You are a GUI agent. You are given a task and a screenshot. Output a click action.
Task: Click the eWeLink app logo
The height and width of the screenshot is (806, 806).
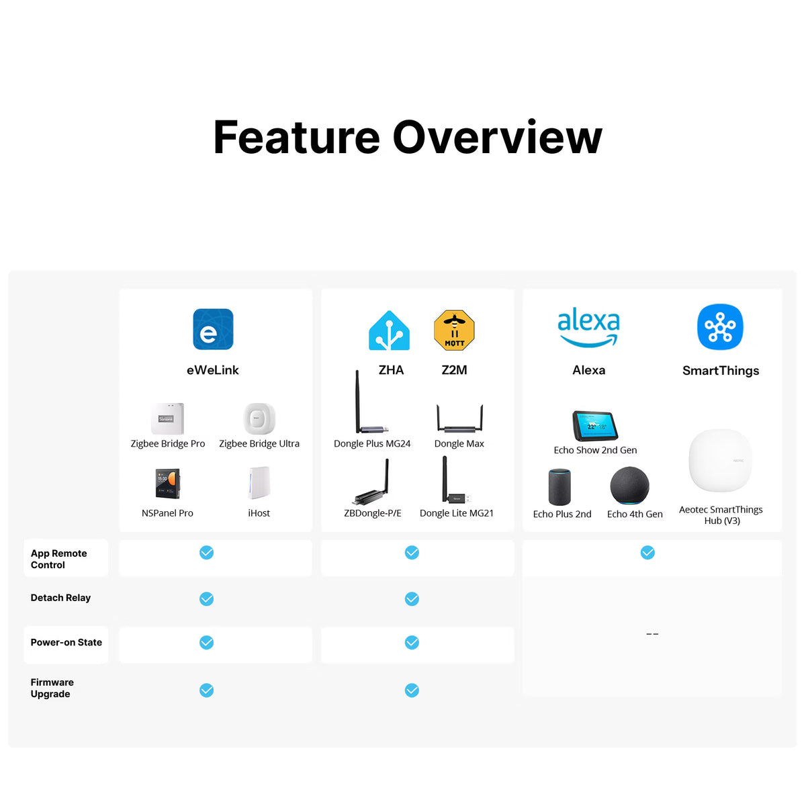coord(213,328)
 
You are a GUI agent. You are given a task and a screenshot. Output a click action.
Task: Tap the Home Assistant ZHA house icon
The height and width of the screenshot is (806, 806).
coord(389,330)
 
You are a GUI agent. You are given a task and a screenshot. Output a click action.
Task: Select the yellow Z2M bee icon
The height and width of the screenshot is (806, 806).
coord(454,330)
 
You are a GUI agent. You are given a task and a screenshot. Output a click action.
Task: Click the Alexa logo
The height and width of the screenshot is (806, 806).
coord(588,326)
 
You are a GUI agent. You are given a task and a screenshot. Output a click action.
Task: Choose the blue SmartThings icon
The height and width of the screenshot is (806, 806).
coord(720,326)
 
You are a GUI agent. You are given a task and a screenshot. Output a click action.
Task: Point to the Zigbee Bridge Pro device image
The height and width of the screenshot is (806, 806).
coord(167,418)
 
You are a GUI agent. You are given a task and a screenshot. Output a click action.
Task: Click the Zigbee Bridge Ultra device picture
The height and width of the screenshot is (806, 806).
coord(259,418)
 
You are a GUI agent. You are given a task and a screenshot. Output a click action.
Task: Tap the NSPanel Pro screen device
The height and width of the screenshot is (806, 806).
coord(167,484)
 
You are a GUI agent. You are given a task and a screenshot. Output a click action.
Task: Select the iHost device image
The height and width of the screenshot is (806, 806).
coord(259,483)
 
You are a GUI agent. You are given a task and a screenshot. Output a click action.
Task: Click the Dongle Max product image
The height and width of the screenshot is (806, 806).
coord(459,418)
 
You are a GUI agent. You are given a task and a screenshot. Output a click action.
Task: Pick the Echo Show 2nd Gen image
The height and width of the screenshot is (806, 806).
coord(595,426)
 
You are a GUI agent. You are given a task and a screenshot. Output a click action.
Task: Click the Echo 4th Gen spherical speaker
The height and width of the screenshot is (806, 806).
coord(629,486)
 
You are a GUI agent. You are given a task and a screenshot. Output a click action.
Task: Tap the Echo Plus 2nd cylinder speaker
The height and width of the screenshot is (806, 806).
coord(559,487)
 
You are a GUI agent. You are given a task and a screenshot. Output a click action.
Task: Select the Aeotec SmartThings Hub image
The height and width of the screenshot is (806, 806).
coord(720,460)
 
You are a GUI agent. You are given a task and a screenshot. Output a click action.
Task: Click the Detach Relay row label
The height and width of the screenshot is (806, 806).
coord(60,598)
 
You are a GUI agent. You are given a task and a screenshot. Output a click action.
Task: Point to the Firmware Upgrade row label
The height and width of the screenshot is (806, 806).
coord(52,688)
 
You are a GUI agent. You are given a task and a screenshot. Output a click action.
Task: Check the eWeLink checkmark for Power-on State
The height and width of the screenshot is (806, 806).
coord(207,643)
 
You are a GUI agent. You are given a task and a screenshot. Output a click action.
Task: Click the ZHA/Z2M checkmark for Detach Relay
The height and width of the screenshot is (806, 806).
coord(412,599)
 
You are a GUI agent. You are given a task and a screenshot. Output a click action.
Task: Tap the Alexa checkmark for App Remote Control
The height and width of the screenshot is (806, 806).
coord(647,553)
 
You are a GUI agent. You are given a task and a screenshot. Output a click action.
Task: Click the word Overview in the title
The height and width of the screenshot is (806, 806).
coord(498,137)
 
